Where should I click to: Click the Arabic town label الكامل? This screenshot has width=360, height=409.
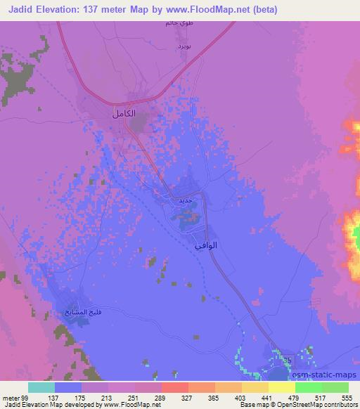[123, 112]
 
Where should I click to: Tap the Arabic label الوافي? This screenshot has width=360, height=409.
[204, 246]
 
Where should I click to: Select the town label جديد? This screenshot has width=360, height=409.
[190, 200]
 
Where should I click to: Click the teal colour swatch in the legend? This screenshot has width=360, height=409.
[41, 387]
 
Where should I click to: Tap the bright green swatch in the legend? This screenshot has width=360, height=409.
[309, 387]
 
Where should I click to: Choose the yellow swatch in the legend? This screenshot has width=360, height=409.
[255, 387]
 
